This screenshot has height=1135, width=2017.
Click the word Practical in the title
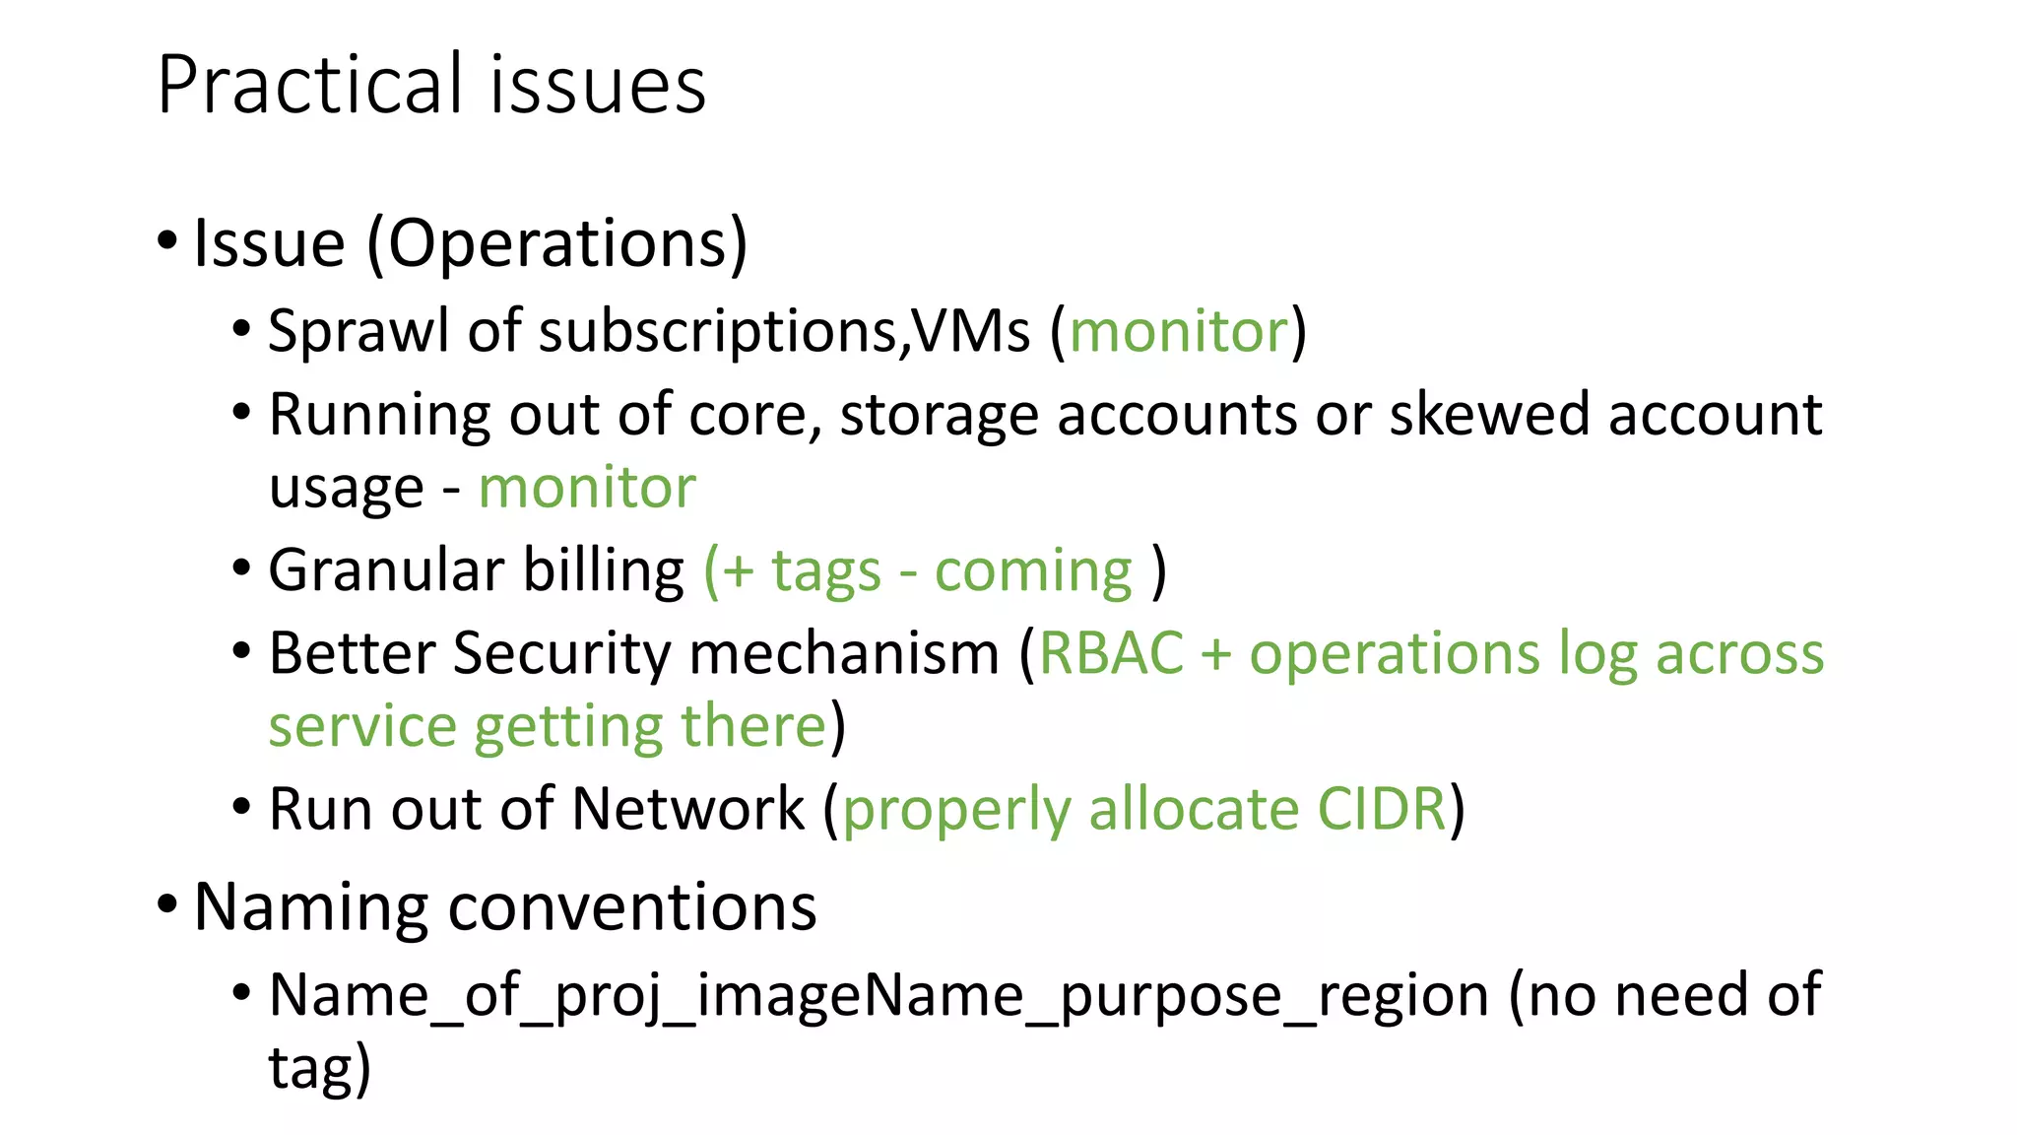pyautogui.click(x=309, y=85)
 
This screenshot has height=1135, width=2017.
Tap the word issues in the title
pyautogui.click(x=598, y=85)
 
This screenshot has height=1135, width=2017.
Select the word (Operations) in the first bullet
pyautogui.click(x=557, y=243)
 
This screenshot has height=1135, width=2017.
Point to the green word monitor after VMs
pyautogui.click(x=1179, y=331)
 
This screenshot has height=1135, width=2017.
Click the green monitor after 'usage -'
pyautogui.click(x=587, y=488)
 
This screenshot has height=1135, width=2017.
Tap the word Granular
pyautogui.click(x=386, y=570)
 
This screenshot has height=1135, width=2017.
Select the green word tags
pyautogui.click(x=825, y=571)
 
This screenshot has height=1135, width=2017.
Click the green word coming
pyautogui.click(x=1033, y=571)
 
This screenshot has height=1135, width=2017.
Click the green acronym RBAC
pyautogui.click(x=1111, y=653)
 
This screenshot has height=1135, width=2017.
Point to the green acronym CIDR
pyautogui.click(x=1382, y=809)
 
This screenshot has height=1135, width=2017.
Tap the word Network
pyautogui.click(x=687, y=809)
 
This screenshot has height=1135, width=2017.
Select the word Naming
pyautogui.click(x=311, y=906)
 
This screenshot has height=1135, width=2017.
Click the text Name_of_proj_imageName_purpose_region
pyautogui.click(x=878, y=995)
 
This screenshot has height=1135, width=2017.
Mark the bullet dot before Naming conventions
pyautogui.click(x=167, y=903)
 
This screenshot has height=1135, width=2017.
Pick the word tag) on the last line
pyautogui.click(x=320, y=1068)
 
